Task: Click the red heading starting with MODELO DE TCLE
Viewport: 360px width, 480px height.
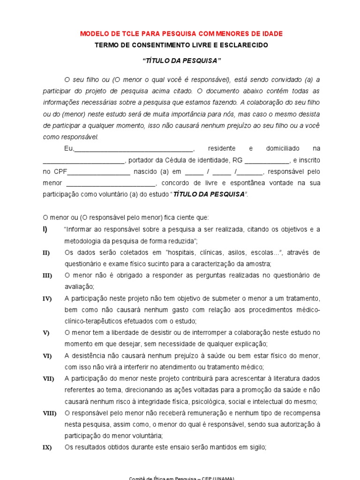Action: [x=181, y=34]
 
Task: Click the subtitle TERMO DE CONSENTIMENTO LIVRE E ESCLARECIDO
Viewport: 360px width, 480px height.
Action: [x=181, y=45]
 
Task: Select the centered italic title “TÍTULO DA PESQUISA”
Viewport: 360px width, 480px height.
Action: [x=181, y=61]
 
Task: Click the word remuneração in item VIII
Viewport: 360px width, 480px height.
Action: [x=208, y=413]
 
